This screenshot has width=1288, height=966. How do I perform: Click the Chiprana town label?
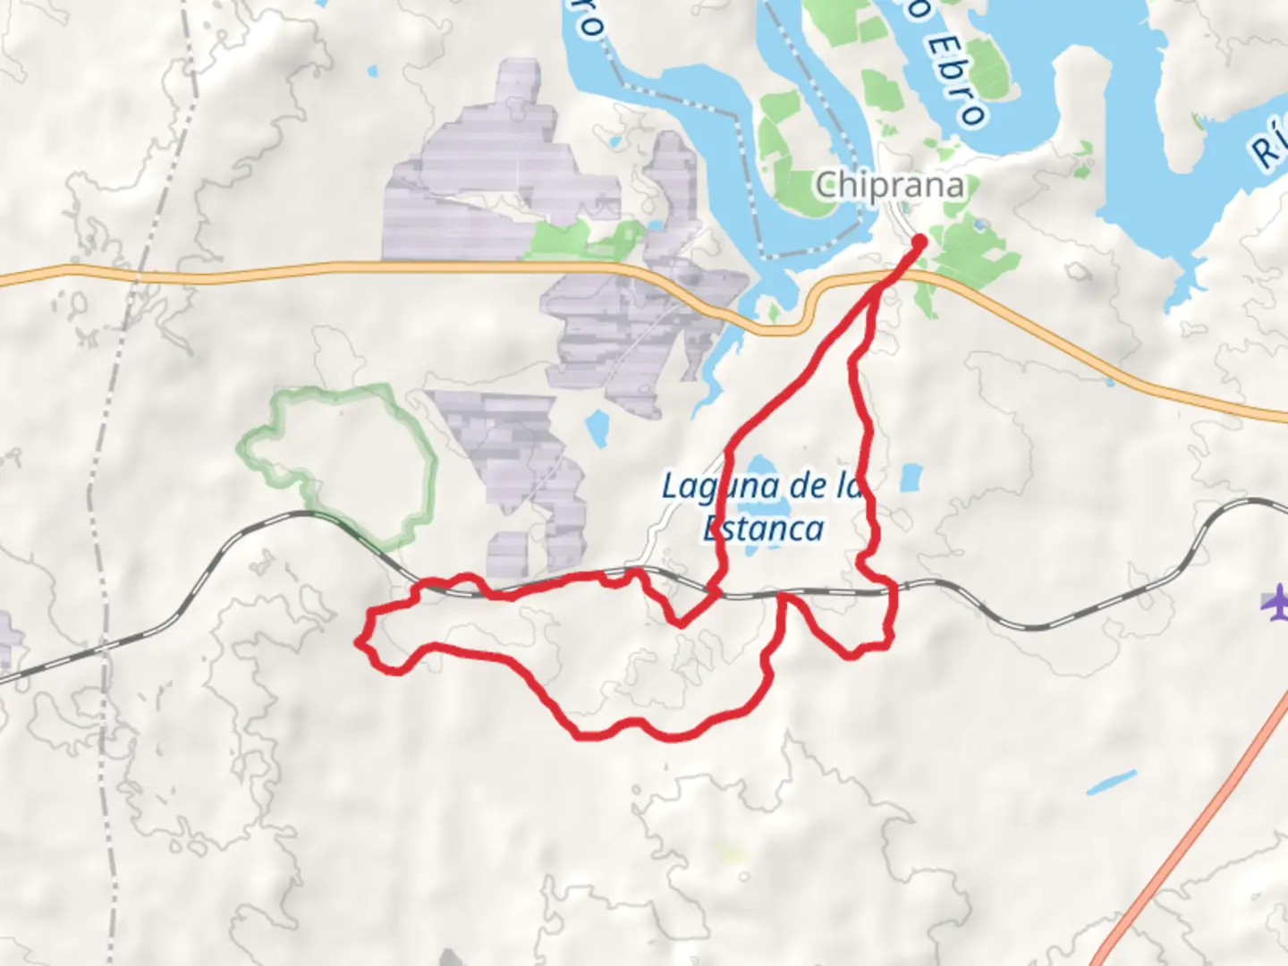pyautogui.click(x=890, y=185)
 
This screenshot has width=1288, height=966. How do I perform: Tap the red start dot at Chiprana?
pyautogui.click(x=919, y=241)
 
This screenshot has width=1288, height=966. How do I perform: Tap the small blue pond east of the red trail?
pyautogui.click(x=911, y=478)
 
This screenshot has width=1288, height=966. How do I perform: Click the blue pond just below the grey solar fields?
pyautogui.click(x=597, y=428)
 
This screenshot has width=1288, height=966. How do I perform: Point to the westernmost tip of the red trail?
pyautogui.click(x=359, y=640)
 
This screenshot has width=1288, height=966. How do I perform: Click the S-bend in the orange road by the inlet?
pyautogui.click(x=809, y=309)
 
